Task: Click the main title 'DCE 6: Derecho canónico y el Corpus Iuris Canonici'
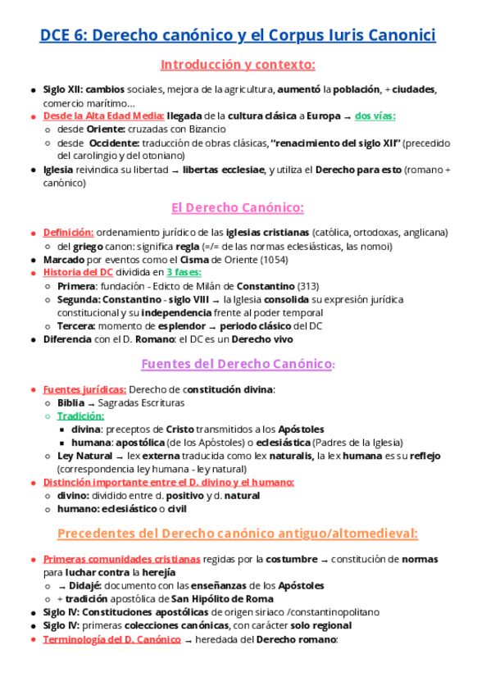pos(238,35)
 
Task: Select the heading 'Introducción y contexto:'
pos(238,65)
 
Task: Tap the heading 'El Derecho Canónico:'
pos(238,207)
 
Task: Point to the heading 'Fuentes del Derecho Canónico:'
pos(238,363)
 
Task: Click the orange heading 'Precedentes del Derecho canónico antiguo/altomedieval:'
pos(238,534)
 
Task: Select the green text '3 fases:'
pos(184,272)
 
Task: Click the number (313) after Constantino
pos(308,285)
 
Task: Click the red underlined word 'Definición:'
pos(68,233)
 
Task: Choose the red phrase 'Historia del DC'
pos(79,272)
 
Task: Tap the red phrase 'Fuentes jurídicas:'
pos(84,389)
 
